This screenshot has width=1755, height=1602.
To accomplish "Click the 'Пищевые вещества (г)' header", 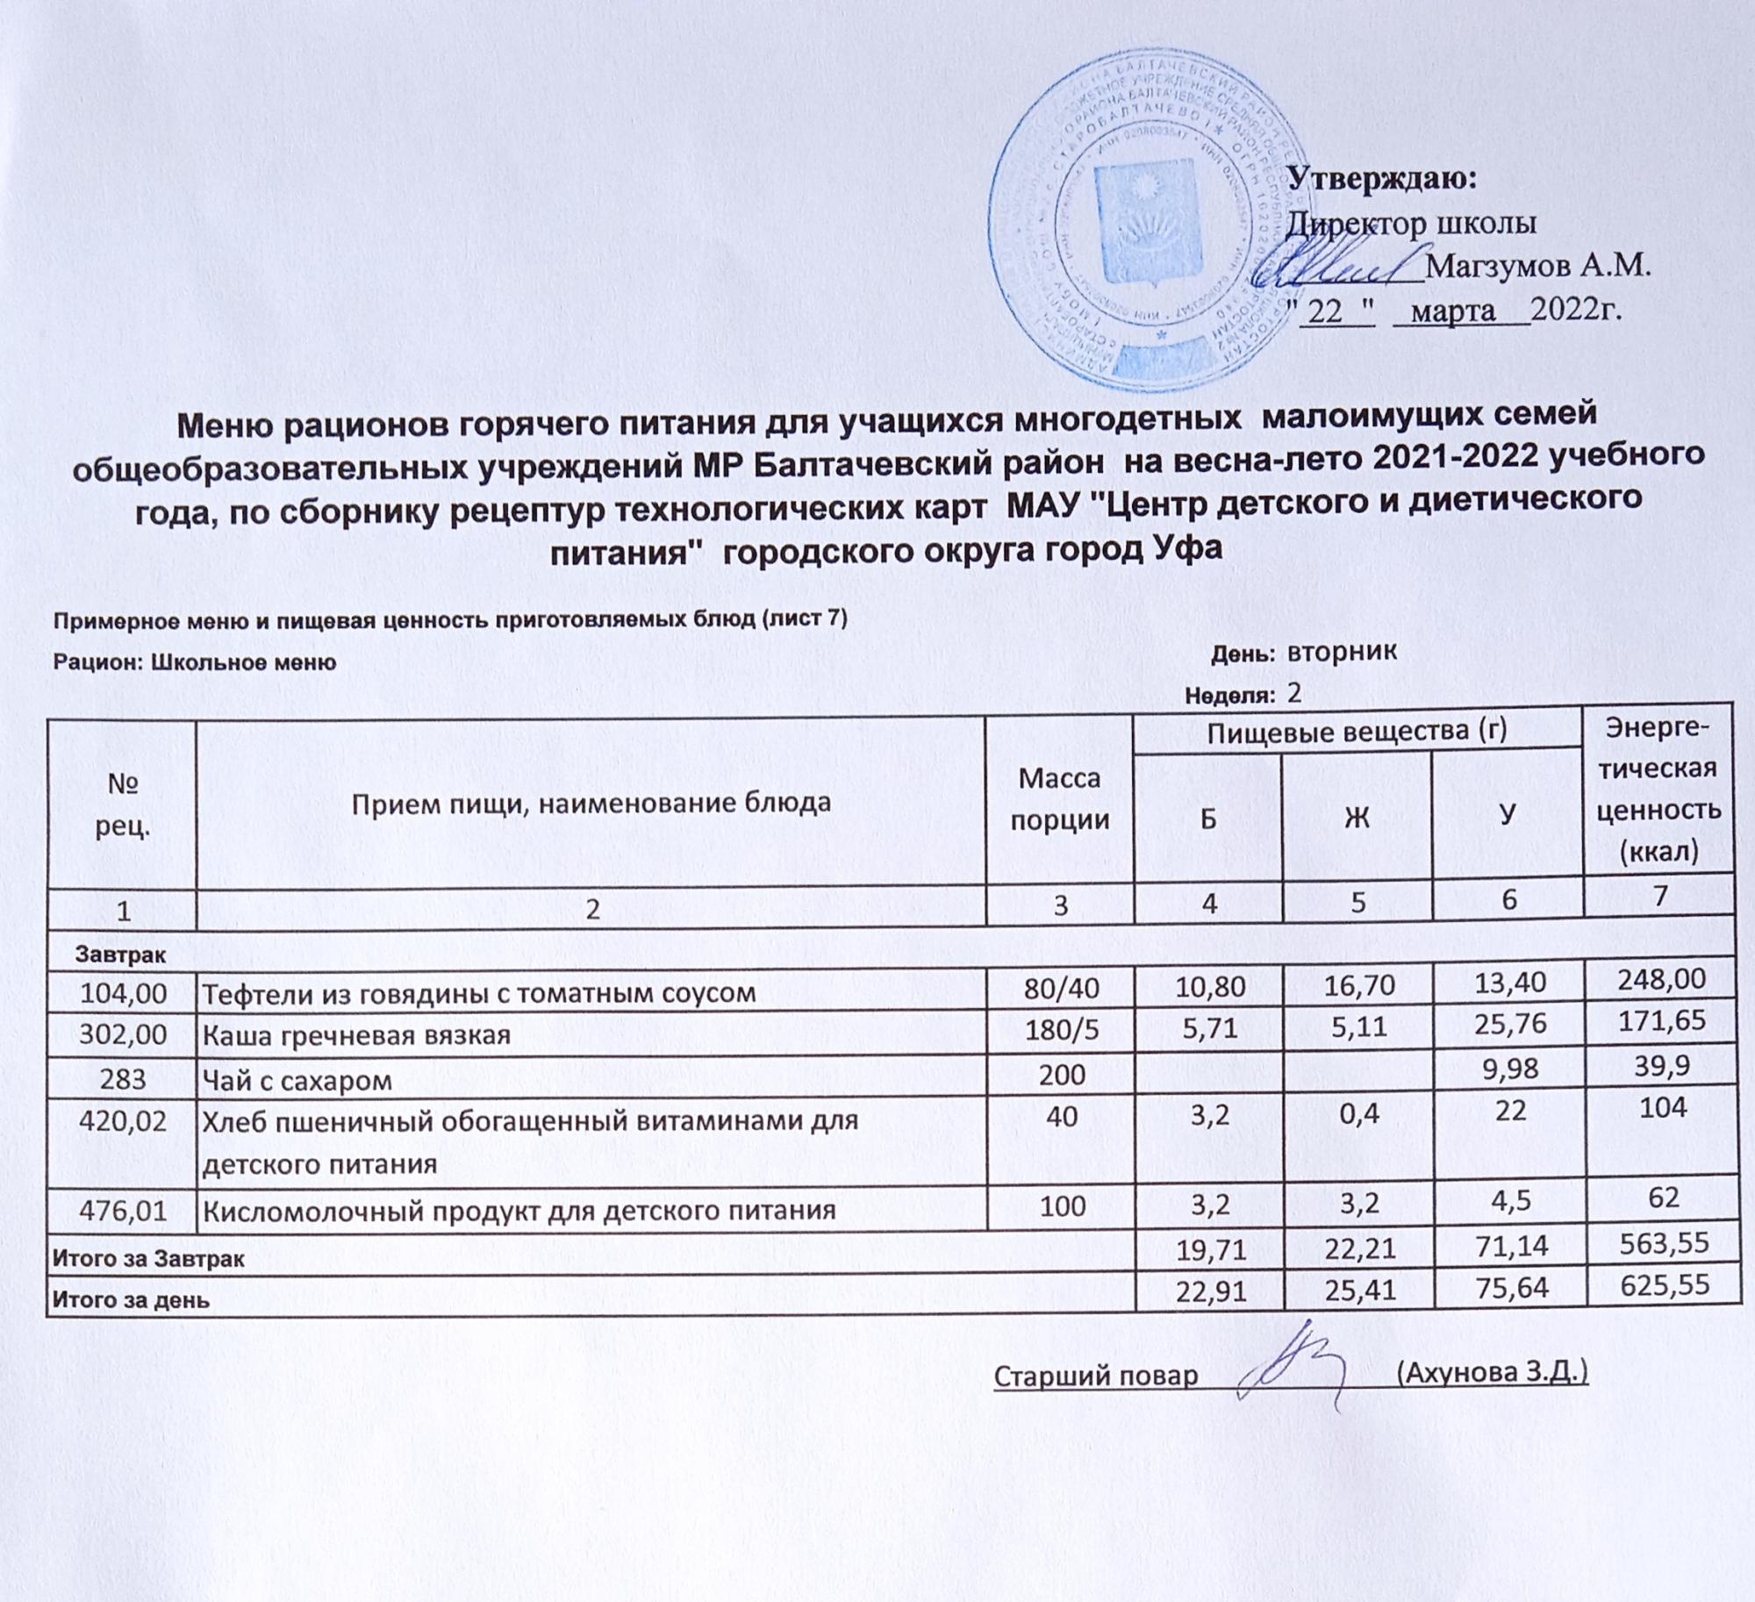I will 1357,733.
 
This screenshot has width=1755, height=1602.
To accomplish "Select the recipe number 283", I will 122,1078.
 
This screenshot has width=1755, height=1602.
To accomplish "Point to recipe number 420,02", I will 122,1120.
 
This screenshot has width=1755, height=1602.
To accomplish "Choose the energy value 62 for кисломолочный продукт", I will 1658,1197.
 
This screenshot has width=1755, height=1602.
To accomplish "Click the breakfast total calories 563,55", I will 1658,1242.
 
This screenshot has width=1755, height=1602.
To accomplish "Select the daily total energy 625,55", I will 1658,1286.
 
